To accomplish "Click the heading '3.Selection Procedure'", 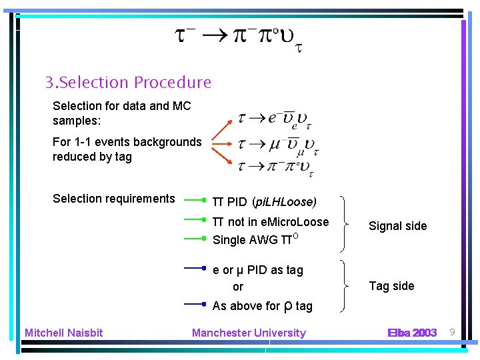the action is point(128,83).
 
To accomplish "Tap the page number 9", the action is point(451,332).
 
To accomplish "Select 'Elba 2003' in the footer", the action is point(412,333).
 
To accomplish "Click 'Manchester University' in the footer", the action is point(249,333).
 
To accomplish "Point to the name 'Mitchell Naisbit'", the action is point(64,333).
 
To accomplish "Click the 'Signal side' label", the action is point(397,226).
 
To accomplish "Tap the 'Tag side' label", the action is point(391,286).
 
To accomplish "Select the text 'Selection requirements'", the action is point(113,199).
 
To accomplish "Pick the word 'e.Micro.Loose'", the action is point(296,222).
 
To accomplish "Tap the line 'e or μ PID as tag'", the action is point(257,270).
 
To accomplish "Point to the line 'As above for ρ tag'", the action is point(262,306).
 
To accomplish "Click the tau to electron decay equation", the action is point(273,119).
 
